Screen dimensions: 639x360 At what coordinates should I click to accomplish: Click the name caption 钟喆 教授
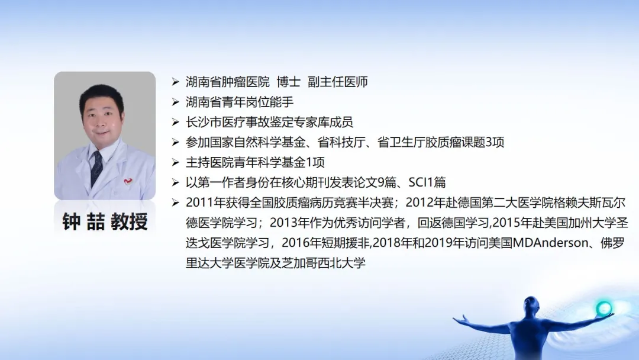[x=105, y=222]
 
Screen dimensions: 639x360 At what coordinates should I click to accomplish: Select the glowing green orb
[x=603, y=308]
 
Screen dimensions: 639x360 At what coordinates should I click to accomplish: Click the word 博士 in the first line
[x=289, y=82]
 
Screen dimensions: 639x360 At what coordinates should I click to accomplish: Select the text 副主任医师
[x=338, y=82]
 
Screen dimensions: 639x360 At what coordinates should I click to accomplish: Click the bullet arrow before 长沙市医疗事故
[x=176, y=123]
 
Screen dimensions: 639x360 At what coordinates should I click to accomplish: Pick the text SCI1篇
[x=427, y=182]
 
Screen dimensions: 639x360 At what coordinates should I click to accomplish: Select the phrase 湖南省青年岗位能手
[x=240, y=102]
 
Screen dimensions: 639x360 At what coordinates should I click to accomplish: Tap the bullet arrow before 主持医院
[x=176, y=162]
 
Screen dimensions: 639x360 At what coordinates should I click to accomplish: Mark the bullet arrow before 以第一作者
[x=176, y=182]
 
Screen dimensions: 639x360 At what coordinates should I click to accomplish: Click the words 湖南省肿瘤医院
[x=228, y=82]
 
